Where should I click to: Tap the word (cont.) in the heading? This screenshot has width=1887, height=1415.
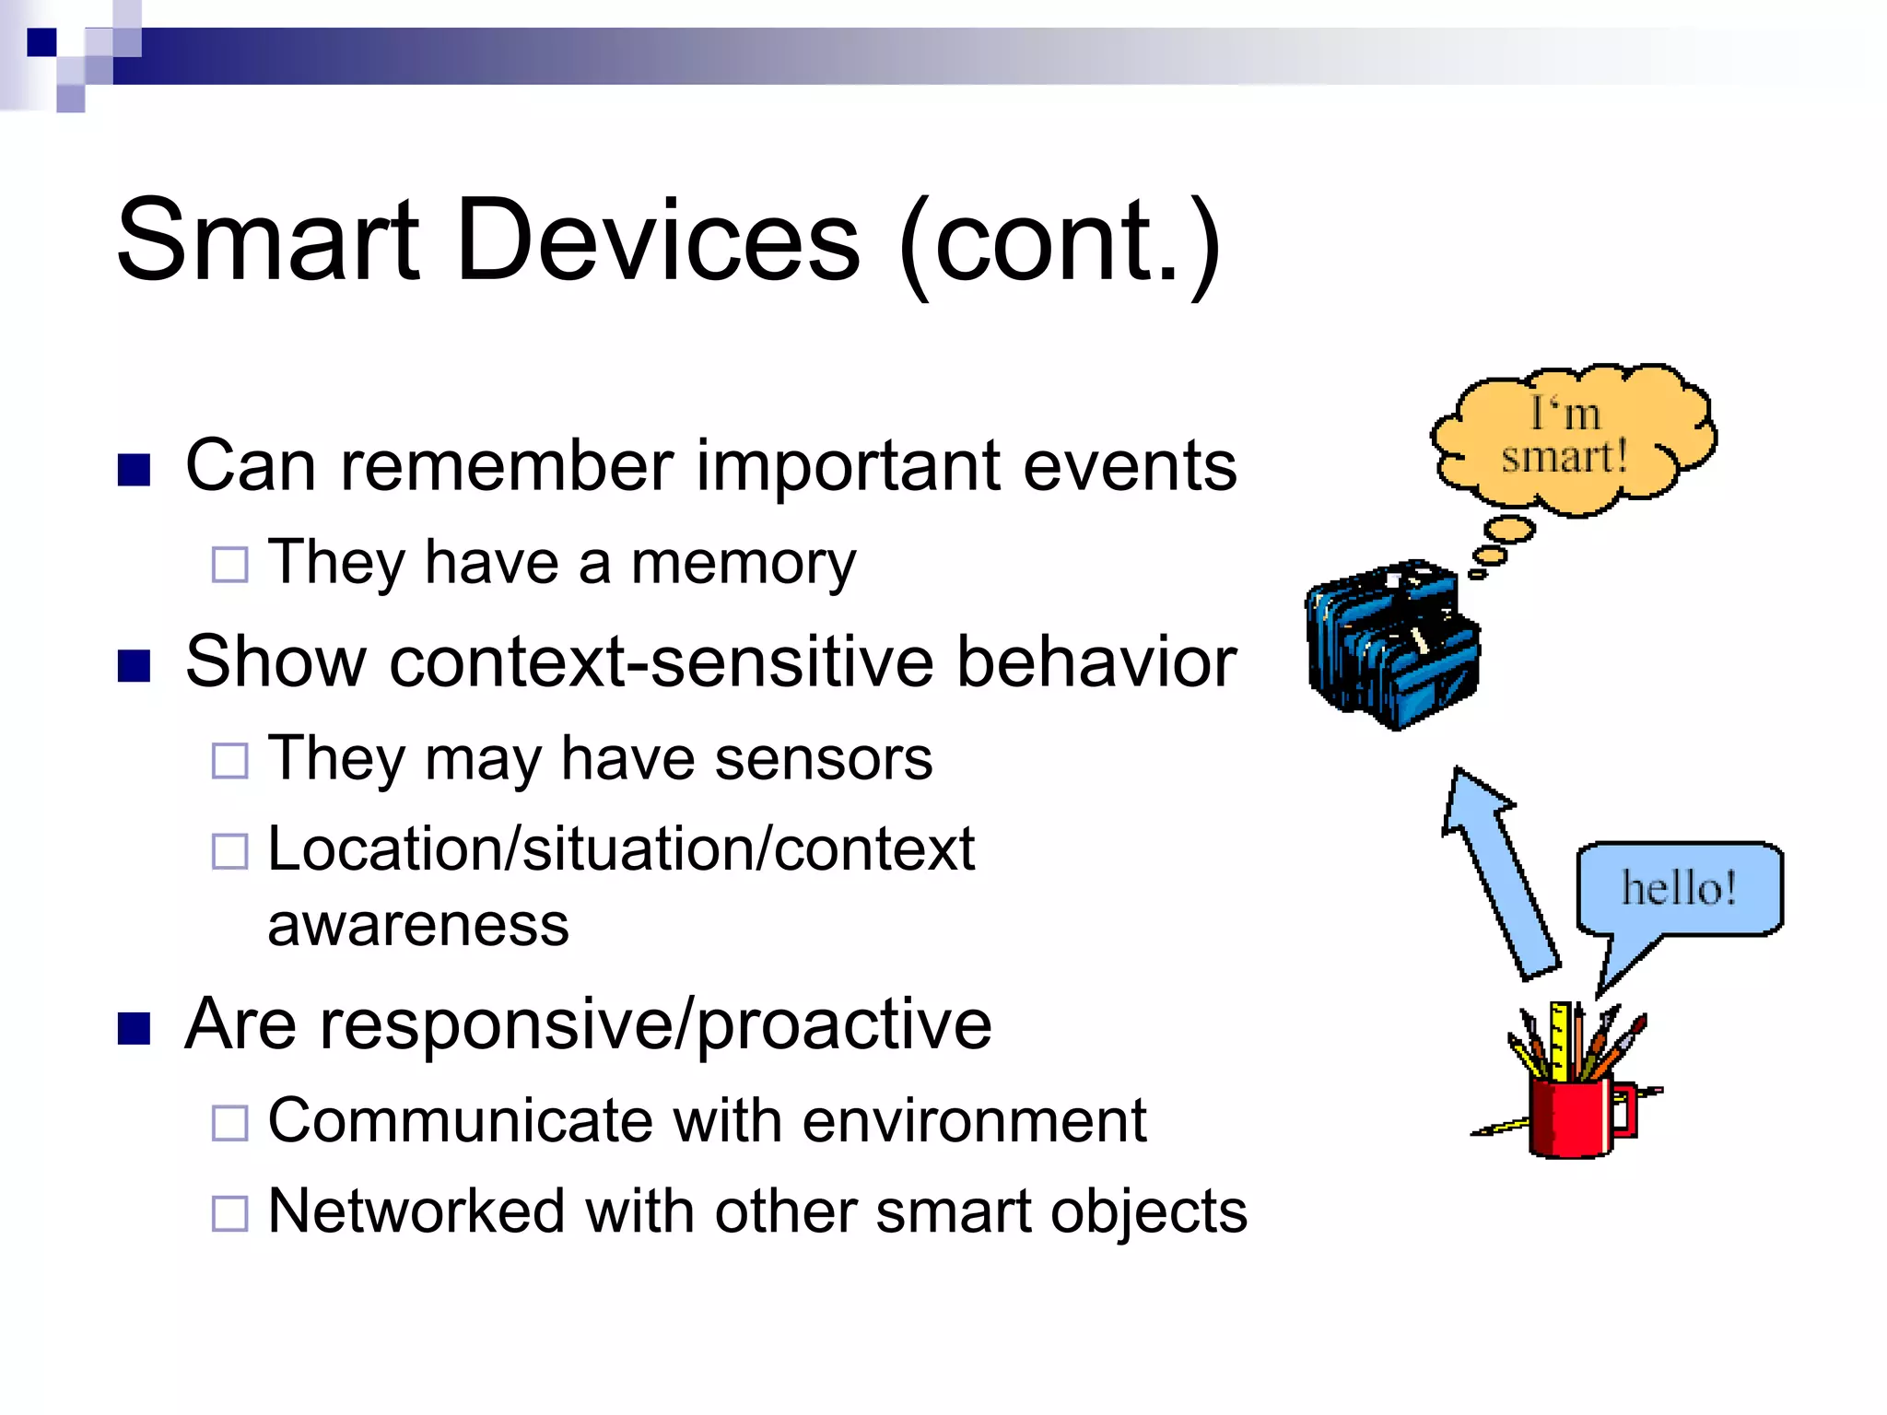click(x=1060, y=245)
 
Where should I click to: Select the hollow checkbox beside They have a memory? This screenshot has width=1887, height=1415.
click(x=229, y=565)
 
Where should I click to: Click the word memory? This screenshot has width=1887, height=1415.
click(x=743, y=564)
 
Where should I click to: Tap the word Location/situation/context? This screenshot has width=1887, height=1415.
click(x=620, y=849)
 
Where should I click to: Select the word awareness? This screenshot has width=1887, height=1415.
click(x=418, y=925)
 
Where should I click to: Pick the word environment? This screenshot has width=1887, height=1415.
click(x=974, y=1121)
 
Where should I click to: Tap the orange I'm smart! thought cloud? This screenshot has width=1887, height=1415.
click(x=1571, y=438)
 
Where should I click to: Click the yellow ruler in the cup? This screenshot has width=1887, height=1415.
click(x=1560, y=1041)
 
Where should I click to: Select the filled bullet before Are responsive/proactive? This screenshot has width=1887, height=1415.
click(x=135, y=1028)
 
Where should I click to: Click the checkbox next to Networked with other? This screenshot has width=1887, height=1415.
click(x=229, y=1213)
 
